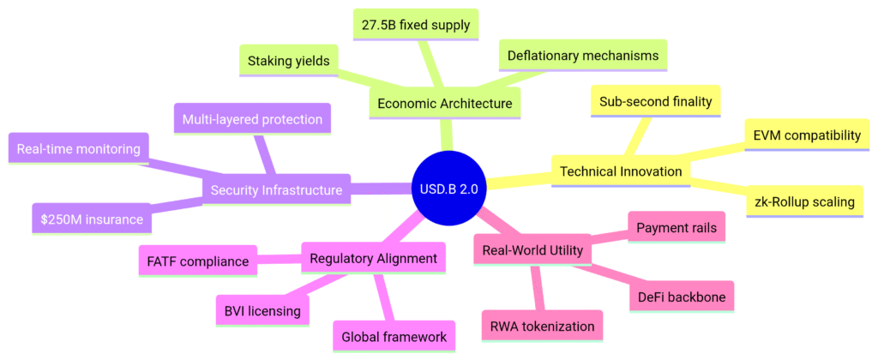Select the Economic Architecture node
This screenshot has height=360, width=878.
point(444,104)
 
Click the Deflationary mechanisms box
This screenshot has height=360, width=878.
point(582,56)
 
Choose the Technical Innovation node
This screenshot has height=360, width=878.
point(621,171)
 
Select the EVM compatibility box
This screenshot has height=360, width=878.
point(806,135)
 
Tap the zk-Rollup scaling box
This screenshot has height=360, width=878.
point(805,201)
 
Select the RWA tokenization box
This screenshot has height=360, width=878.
point(542,326)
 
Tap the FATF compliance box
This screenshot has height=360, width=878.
point(197,260)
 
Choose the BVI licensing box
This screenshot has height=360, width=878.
point(262,310)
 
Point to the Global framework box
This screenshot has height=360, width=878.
point(394,337)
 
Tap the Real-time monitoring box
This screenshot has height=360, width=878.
point(77,149)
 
